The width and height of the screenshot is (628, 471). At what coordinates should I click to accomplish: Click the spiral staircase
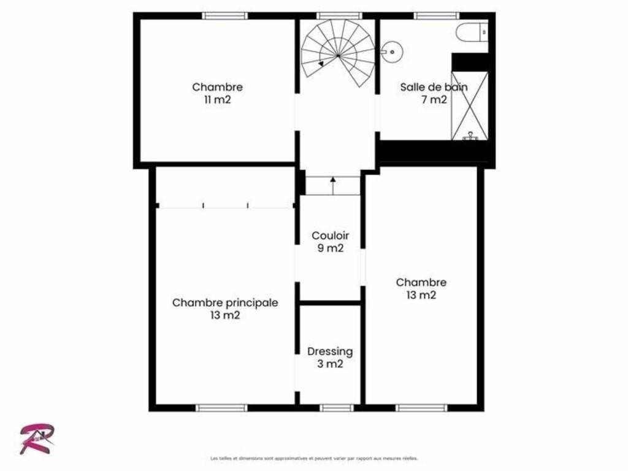point(338,53)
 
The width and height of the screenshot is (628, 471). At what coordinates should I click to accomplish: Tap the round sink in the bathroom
point(392,52)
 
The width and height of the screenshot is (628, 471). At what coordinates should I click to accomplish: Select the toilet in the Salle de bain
point(472,32)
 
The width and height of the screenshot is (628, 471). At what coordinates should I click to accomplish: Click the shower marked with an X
point(470,105)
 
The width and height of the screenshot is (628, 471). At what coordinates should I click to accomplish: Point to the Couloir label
point(330,235)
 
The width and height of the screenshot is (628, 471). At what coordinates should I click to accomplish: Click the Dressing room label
point(330,351)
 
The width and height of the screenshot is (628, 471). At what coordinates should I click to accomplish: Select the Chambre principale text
point(225,303)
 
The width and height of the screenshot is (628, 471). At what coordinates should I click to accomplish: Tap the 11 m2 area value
point(218,100)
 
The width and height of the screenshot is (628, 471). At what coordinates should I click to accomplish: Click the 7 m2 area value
point(434,100)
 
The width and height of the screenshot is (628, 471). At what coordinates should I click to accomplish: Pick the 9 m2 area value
point(331,248)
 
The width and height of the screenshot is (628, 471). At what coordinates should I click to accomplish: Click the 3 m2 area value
point(330,364)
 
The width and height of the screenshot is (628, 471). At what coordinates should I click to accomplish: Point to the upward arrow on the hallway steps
point(333,186)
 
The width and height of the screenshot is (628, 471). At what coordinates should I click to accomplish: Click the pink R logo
point(37,439)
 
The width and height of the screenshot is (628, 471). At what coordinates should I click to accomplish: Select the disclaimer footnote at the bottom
point(314,458)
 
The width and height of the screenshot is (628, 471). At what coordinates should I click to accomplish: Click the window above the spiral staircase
point(339,15)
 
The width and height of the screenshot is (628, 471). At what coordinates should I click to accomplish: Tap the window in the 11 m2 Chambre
point(224,15)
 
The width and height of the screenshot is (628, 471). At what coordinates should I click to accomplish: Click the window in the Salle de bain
point(436,15)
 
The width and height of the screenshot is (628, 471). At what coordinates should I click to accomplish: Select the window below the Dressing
point(337,408)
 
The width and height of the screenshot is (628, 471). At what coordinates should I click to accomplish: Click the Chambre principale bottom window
point(221,408)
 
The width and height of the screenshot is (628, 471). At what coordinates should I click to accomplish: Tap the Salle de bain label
point(434,87)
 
